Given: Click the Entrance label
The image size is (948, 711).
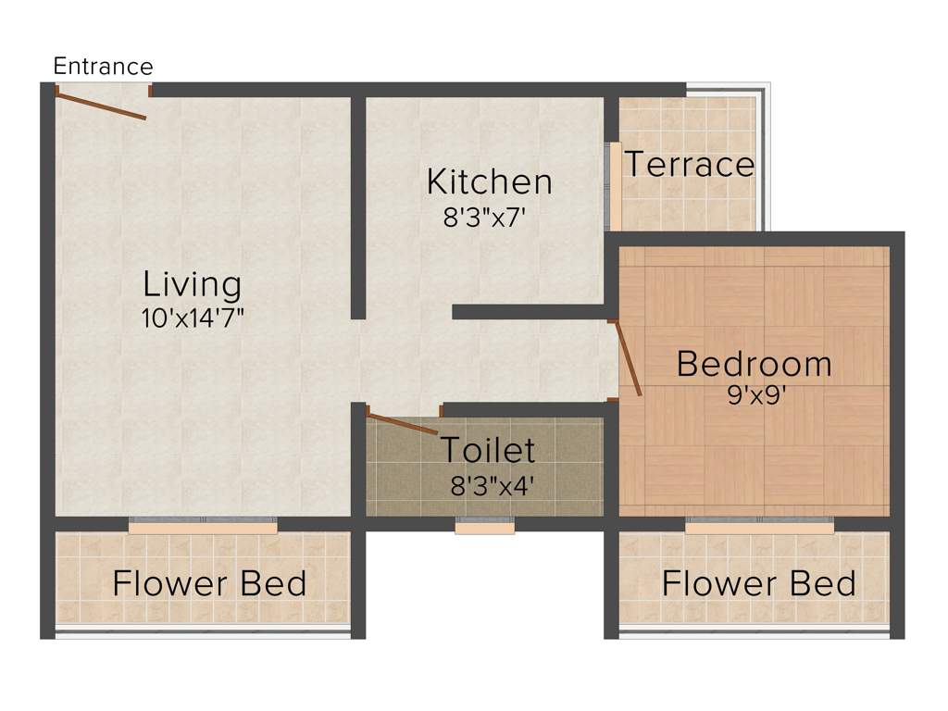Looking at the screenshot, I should pyautogui.click(x=103, y=67).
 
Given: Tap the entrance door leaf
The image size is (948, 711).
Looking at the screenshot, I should pyautogui.click(x=101, y=105).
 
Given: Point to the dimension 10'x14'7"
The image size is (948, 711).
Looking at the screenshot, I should pyautogui.click(x=193, y=318).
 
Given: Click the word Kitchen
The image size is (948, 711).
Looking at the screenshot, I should pyautogui.click(x=489, y=182).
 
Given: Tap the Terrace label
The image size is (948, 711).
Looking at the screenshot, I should pyautogui.click(x=689, y=165).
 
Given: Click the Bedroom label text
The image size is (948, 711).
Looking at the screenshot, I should pyautogui.click(x=754, y=364).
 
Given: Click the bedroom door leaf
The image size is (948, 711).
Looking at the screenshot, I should pyautogui.click(x=629, y=357).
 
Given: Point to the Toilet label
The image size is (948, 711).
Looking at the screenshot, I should pyautogui.click(x=487, y=450).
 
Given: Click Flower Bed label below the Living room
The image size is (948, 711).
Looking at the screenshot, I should pyautogui.click(x=209, y=584).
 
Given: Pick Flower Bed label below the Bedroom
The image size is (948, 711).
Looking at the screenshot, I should pyautogui.click(x=758, y=584).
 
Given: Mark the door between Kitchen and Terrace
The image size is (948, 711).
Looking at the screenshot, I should pyautogui.click(x=615, y=185).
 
